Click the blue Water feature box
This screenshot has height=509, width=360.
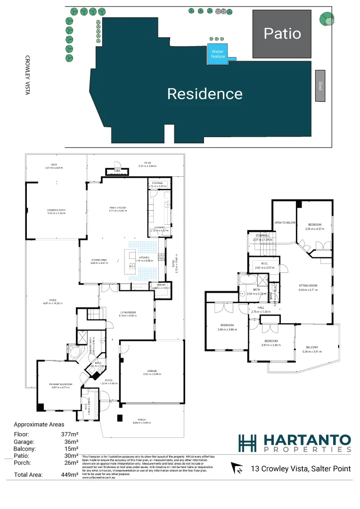tap(218, 54)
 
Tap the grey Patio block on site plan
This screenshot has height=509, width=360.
tap(282, 33)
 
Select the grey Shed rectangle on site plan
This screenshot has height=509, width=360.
tap(320, 86)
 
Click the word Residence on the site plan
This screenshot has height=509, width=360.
tap(205, 94)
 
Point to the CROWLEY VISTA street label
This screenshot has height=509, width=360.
tap(27, 75)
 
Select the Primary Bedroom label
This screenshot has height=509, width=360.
tap(61, 385)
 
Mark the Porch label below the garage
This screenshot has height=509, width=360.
tap(142, 419)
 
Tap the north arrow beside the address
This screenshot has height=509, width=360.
tap(238, 468)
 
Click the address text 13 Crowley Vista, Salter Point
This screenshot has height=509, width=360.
tap(301, 468)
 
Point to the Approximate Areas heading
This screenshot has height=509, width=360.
tap(39, 425)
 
